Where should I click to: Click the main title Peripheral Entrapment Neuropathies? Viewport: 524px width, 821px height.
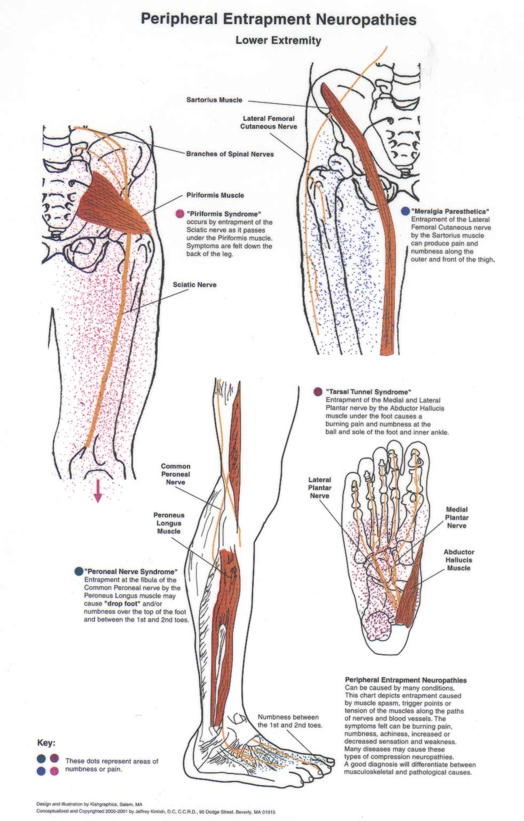[x=278, y=20]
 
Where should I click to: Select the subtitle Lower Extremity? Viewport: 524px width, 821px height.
[x=278, y=40]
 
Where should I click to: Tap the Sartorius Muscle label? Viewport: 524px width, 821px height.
[x=214, y=100]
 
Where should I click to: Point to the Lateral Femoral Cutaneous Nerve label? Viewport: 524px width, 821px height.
[x=268, y=122]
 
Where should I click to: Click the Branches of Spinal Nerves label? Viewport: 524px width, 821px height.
[x=230, y=154]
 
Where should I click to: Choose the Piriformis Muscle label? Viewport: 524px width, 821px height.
[x=215, y=195]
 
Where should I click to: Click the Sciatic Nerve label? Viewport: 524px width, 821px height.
[x=194, y=285]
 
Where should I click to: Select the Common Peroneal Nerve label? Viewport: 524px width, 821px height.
[x=175, y=474]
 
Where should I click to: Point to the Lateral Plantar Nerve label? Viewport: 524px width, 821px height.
[x=319, y=487]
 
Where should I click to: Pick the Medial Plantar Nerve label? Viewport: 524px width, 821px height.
[x=457, y=517]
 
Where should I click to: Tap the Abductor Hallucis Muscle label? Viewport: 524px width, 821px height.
[x=458, y=560]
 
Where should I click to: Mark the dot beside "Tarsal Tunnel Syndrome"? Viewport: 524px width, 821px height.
[x=318, y=392]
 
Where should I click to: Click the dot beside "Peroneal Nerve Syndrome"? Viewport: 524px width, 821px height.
[x=79, y=571]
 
